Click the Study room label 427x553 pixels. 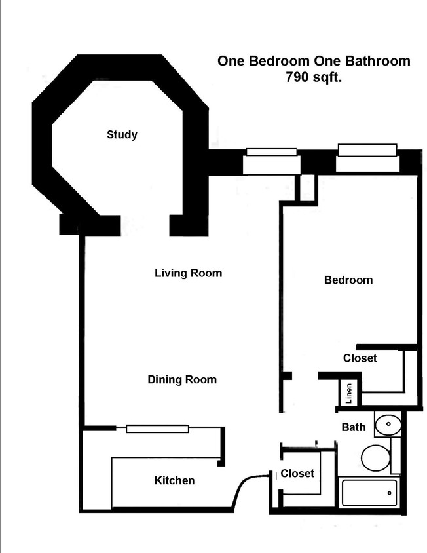[122, 135]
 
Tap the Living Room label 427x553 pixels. [188, 273]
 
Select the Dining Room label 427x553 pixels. [181, 379]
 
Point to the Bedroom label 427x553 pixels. [348, 280]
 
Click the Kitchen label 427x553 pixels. [174, 480]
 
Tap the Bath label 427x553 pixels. [354, 427]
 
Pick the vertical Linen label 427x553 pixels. [349, 393]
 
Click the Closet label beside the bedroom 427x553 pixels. [360, 358]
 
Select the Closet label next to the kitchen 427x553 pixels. [297, 473]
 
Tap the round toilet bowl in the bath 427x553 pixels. [375, 457]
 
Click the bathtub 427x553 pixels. [369, 492]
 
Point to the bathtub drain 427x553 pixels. [391, 492]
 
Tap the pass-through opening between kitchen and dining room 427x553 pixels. [157, 429]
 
